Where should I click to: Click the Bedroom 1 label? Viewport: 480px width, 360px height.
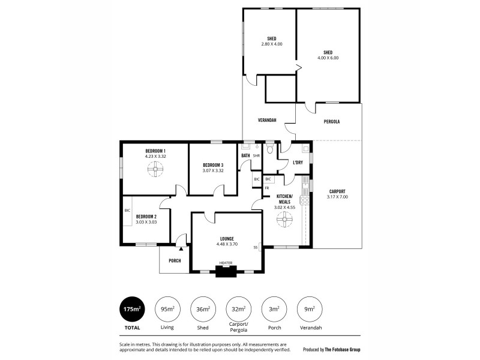click(155, 150)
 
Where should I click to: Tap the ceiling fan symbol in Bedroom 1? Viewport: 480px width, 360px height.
click(155, 170)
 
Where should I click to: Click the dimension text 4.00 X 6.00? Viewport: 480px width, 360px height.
click(328, 58)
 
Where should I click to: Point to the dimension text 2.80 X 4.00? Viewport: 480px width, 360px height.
click(271, 44)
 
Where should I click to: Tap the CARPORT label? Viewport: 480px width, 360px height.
click(337, 191)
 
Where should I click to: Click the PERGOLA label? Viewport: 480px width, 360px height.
click(331, 121)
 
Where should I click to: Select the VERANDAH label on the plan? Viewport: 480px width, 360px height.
click(268, 120)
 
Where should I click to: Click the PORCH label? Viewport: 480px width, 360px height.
click(175, 260)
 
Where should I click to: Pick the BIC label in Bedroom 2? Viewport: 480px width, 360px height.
click(127, 211)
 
